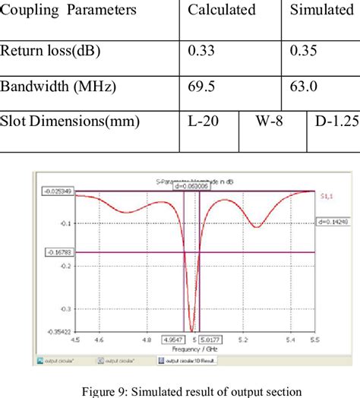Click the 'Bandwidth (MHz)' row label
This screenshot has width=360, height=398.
58,87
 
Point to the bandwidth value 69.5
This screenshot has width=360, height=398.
201,87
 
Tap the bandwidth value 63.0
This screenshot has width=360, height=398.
304,87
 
